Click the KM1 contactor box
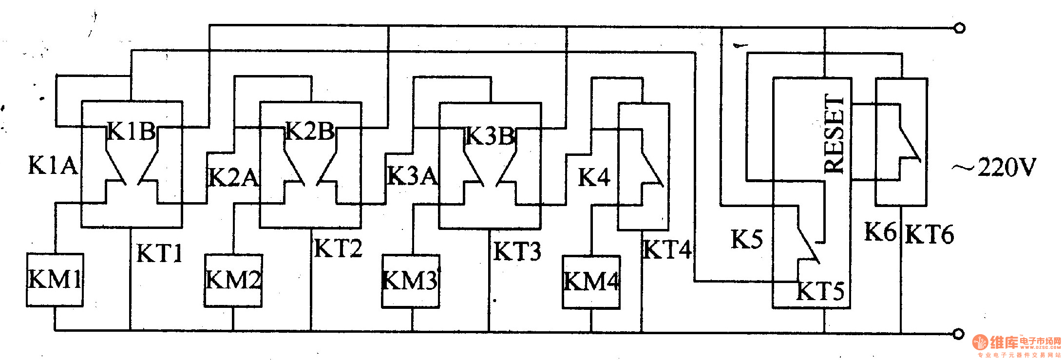click(x=55, y=280)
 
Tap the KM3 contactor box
click(x=411, y=281)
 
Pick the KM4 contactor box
click(x=591, y=282)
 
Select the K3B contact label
click(x=490, y=136)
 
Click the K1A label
click(x=53, y=166)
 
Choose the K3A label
click(x=412, y=176)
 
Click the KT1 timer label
click(x=159, y=253)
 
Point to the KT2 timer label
click(x=338, y=248)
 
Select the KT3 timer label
click(x=517, y=252)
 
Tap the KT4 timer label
click(x=667, y=250)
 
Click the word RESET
click(x=834, y=134)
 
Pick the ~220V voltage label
click(x=994, y=168)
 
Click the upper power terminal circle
click(x=959, y=28)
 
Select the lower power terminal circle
click(x=958, y=334)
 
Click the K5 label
click(x=746, y=239)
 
